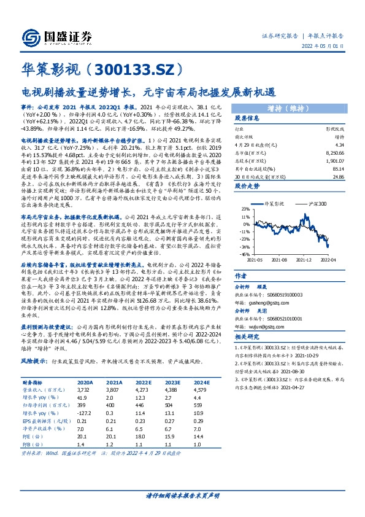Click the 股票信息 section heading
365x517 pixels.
(248, 119)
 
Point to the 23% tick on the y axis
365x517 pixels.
(245, 209)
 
